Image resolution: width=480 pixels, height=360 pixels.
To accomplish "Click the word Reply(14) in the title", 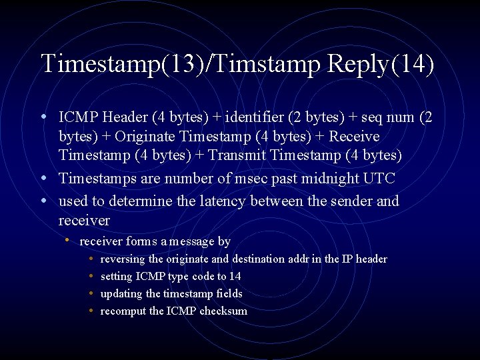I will (381, 65).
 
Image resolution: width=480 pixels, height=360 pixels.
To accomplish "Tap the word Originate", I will (144, 137).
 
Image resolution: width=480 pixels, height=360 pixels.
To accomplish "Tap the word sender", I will (351, 201).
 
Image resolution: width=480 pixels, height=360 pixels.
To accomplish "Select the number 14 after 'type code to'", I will (235, 276).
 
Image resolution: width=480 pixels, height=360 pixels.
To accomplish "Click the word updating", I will (121, 293).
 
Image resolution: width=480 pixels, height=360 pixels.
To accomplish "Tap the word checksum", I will (223, 311).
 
